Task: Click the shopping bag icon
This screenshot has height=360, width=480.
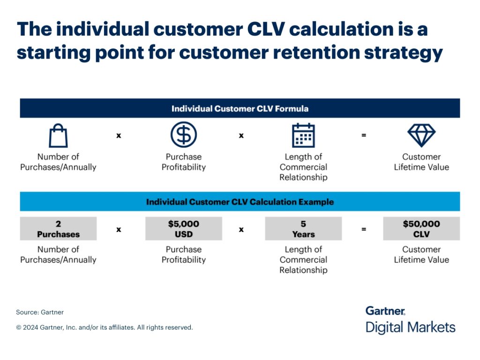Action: coord(58,136)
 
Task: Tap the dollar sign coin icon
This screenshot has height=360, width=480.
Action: coord(183,135)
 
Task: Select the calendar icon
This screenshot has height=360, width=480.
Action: coord(303,135)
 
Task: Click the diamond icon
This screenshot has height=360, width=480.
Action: coord(421,135)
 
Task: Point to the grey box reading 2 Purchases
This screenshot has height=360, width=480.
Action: coord(58,229)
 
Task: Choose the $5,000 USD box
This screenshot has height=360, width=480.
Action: coord(183,229)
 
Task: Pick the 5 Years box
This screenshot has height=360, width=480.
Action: coord(303,229)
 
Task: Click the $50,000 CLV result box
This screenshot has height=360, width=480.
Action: coord(421,229)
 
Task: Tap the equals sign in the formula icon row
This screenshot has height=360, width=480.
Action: coord(364,135)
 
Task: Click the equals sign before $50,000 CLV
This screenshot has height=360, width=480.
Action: coord(364,229)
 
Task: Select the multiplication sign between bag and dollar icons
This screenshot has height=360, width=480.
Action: coord(119,135)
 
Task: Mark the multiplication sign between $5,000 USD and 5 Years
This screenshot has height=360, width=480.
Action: coord(241,229)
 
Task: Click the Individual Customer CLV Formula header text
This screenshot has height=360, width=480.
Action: coord(240,109)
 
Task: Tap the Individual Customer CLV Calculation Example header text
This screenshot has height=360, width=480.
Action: coord(240,202)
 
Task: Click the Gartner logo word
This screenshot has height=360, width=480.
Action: coord(385,311)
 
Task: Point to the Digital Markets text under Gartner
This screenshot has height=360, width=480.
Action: coord(410,327)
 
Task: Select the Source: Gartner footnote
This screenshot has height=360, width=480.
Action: coord(40,312)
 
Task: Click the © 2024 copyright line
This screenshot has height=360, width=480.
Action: coord(105,328)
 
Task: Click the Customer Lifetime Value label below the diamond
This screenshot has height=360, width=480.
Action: coord(421,162)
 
